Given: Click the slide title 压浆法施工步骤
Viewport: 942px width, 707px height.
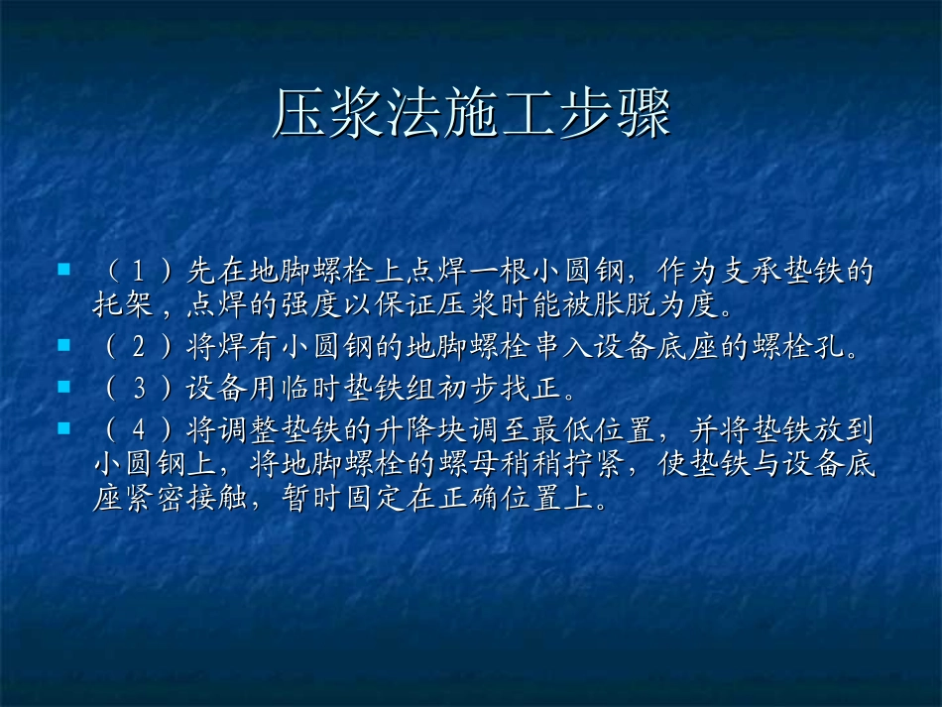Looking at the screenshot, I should coord(471,114).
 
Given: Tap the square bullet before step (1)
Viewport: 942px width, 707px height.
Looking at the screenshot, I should coord(63,269).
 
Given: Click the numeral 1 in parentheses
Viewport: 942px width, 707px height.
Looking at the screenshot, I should coord(140,271).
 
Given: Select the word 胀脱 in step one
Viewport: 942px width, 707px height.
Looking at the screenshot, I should coord(605,303).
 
